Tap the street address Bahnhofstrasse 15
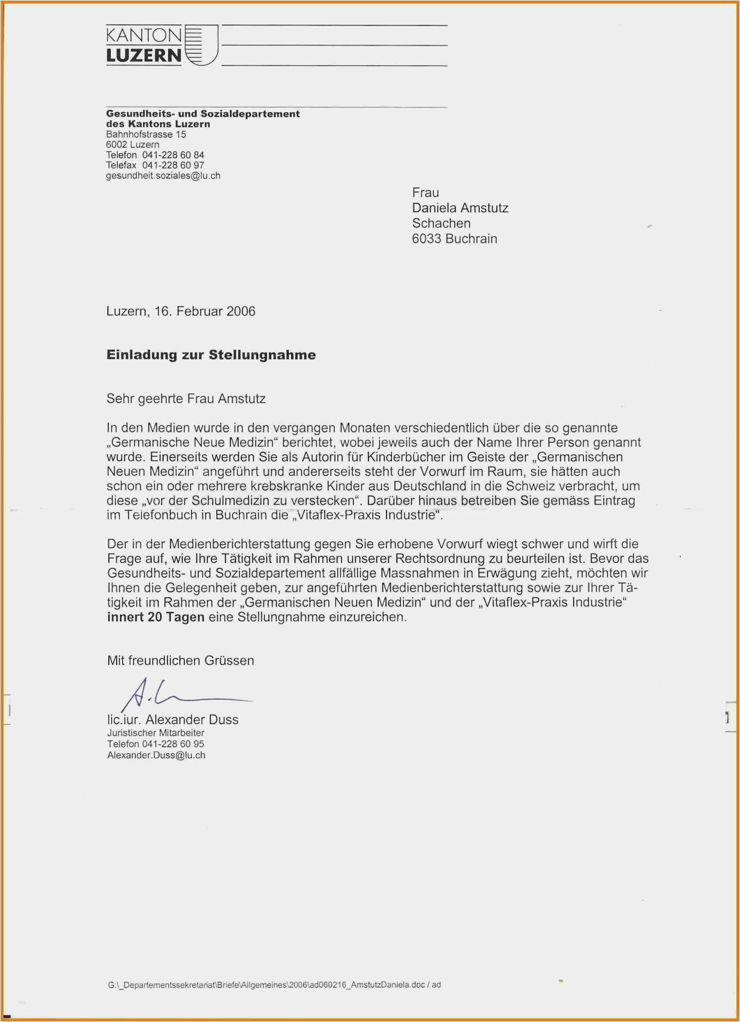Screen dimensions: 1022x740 [x=146, y=134]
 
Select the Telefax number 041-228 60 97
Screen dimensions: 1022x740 [x=173, y=165]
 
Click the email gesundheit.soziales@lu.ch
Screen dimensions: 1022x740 [x=163, y=176]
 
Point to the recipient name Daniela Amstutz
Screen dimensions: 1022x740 [x=460, y=208]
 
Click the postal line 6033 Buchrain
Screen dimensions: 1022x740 [x=454, y=238]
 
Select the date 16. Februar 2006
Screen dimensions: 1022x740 [x=205, y=311]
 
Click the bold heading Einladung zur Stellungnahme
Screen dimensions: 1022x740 [x=211, y=354]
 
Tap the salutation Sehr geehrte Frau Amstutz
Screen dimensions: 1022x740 [x=185, y=398]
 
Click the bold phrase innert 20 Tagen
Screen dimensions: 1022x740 [x=155, y=617]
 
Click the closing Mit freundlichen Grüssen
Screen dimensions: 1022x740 [x=180, y=660]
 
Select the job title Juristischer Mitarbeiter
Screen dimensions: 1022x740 [x=155, y=733]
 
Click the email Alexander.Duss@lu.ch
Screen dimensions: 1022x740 [x=156, y=755]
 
